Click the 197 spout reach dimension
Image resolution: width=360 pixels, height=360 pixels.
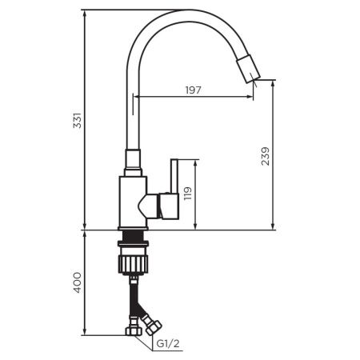(193, 90)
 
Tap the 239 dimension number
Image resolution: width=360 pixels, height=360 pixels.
(265, 154)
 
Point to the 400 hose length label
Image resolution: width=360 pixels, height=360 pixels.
(76, 282)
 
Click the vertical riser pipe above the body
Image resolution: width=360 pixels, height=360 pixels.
(134, 120)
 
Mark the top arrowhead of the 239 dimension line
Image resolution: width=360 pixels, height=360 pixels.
(274, 82)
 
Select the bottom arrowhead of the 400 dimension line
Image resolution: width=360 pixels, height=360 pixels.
(86, 331)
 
